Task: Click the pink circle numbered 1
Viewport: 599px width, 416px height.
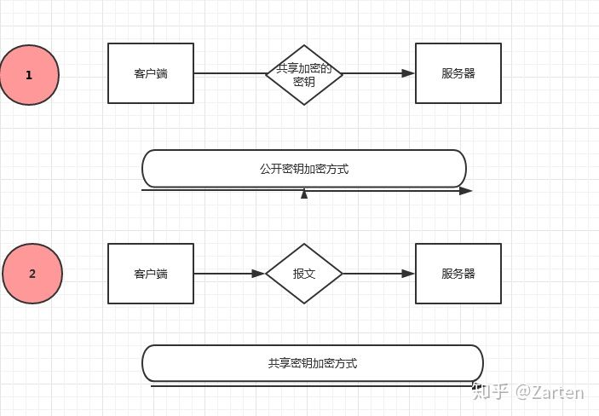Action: (x=29, y=75)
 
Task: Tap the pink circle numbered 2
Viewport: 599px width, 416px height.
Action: (x=32, y=274)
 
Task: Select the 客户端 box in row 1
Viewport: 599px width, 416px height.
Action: (x=151, y=73)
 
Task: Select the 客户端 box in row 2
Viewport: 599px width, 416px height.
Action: (x=151, y=274)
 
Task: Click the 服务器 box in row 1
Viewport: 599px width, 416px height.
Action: (x=458, y=73)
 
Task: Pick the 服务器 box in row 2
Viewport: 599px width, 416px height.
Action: (x=458, y=274)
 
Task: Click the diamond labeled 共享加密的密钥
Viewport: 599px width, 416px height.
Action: (x=304, y=74)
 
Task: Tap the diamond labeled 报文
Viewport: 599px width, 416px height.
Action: (x=304, y=274)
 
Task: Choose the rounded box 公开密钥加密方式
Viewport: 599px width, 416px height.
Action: (x=304, y=169)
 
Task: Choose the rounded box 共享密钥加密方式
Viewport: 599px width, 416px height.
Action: (x=312, y=363)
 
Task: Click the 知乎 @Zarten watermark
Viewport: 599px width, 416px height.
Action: (x=528, y=392)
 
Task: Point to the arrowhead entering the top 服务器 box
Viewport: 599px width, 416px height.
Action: (x=409, y=73)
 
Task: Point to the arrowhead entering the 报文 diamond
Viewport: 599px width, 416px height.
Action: (x=259, y=274)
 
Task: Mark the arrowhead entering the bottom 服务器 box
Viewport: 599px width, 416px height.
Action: (x=409, y=274)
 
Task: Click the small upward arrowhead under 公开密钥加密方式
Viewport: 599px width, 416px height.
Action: (x=304, y=194)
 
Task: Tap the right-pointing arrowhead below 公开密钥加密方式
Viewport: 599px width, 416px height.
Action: (x=465, y=191)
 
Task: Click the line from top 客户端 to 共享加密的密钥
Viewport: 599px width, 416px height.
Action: (x=230, y=73)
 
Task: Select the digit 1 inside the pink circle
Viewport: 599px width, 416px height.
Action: (x=29, y=75)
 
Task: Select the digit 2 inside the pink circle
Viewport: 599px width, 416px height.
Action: (x=32, y=274)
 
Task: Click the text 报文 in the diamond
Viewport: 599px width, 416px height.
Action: (x=304, y=274)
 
